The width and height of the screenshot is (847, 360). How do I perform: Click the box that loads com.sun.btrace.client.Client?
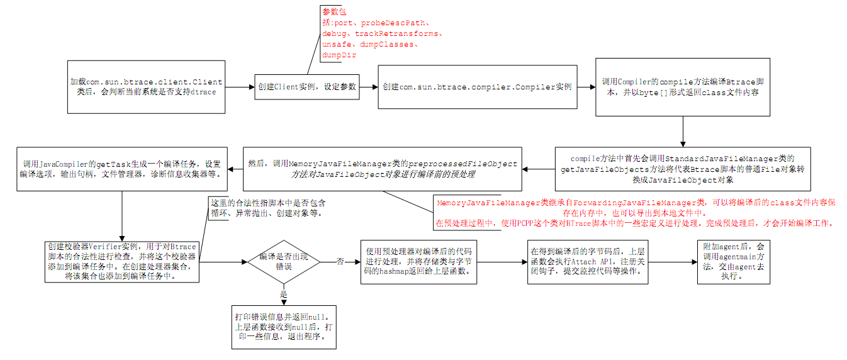click(146, 87)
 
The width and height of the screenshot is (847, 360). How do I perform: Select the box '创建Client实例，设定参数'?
click(306, 87)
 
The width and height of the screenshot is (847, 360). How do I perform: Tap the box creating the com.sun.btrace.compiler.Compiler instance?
click(478, 87)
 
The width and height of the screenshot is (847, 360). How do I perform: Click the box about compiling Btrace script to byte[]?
click(683, 87)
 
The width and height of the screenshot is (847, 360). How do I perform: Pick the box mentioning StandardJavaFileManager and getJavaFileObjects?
click(682, 169)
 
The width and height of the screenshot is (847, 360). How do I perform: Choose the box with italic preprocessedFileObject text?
click(382, 169)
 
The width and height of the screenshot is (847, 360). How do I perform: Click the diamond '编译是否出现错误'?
click(283, 261)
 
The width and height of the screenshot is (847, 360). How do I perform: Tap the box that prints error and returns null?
click(284, 327)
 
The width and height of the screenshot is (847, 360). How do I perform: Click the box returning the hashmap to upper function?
click(420, 262)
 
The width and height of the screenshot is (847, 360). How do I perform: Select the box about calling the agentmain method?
click(733, 262)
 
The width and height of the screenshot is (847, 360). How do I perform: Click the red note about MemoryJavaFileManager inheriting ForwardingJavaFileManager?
click(635, 213)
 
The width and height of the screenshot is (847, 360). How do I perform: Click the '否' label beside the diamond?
click(340, 261)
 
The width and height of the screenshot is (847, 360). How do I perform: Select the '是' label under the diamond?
click(283, 295)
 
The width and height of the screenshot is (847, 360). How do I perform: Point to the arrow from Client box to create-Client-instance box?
click(240, 87)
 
